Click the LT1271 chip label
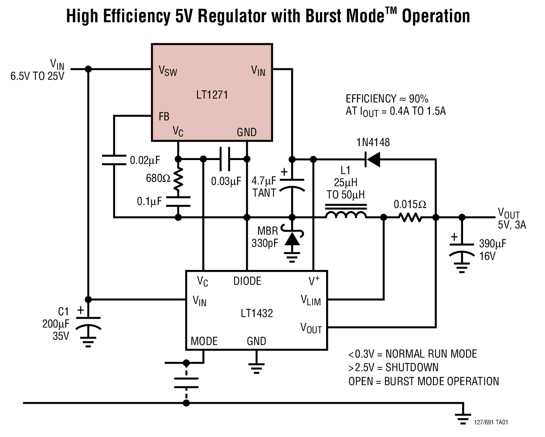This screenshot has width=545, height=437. tap(212, 95)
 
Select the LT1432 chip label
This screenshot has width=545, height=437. tap(257, 313)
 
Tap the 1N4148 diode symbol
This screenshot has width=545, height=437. tap(373, 160)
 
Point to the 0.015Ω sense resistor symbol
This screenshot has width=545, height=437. tap(410, 217)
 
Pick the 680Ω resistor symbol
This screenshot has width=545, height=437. tap(178, 179)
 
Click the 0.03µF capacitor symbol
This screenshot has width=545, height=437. tap(225, 159)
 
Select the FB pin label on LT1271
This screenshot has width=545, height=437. tap(164, 116)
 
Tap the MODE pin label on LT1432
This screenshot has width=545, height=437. tap(204, 341)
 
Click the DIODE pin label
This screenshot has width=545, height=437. tap(247, 281)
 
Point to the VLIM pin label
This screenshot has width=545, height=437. tap(310, 300)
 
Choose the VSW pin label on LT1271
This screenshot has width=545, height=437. tap(168, 71)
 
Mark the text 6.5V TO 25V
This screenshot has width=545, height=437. tap(37, 76)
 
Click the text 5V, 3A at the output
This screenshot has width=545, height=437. tap(512, 225)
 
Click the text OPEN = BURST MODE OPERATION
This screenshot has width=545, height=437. tap(423, 381)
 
